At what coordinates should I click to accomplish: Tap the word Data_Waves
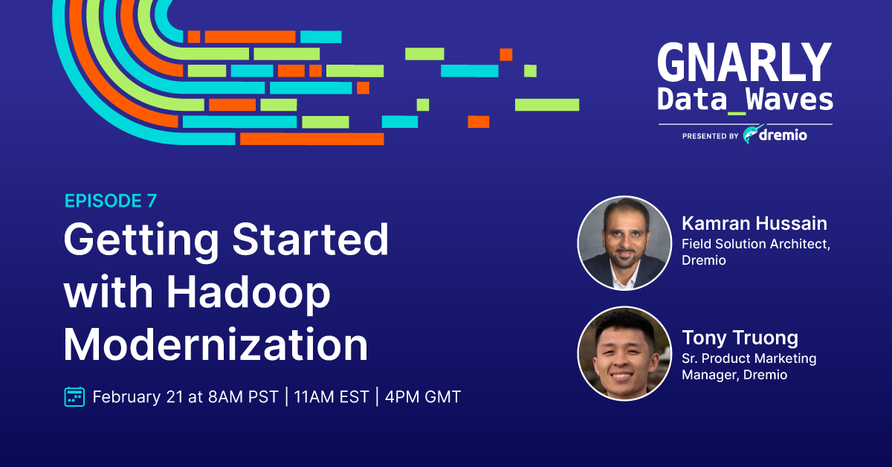pyautogui.click(x=745, y=99)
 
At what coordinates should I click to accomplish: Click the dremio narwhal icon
pyautogui.click(x=752, y=134)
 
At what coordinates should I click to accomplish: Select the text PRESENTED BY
pyautogui.click(x=711, y=136)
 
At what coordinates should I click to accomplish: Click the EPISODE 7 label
pyautogui.click(x=111, y=201)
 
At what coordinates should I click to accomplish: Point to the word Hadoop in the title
pyautogui.click(x=248, y=292)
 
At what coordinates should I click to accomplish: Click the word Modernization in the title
pyautogui.click(x=216, y=344)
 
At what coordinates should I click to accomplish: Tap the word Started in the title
pyautogui.click(x=310, y=239)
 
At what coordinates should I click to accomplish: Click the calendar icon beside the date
pyautogui.click(x=74, y=397)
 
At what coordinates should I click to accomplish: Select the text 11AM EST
pyautogui.click(x=332, y=397)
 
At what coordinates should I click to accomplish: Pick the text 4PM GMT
pyautogui.click(x=423, y=397)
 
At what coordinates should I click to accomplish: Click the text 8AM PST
pyautogui.click(x=243, y=397)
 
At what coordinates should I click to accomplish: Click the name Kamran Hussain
pyautogui.click(x=754, y=224)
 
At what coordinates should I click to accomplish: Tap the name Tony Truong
pyautogui.click(x=740, y=338)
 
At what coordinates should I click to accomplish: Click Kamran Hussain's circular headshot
pyautogui.click(x=625, y=243)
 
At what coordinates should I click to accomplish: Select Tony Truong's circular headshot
pyautogui.click(x=625, y=353)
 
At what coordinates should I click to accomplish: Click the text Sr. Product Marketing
pyautogui.click(x=749, y=358)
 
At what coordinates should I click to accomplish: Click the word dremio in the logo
pyautogui.click(x=783, y=135)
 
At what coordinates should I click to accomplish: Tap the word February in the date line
pyautogui.click(x=126, y=397)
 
